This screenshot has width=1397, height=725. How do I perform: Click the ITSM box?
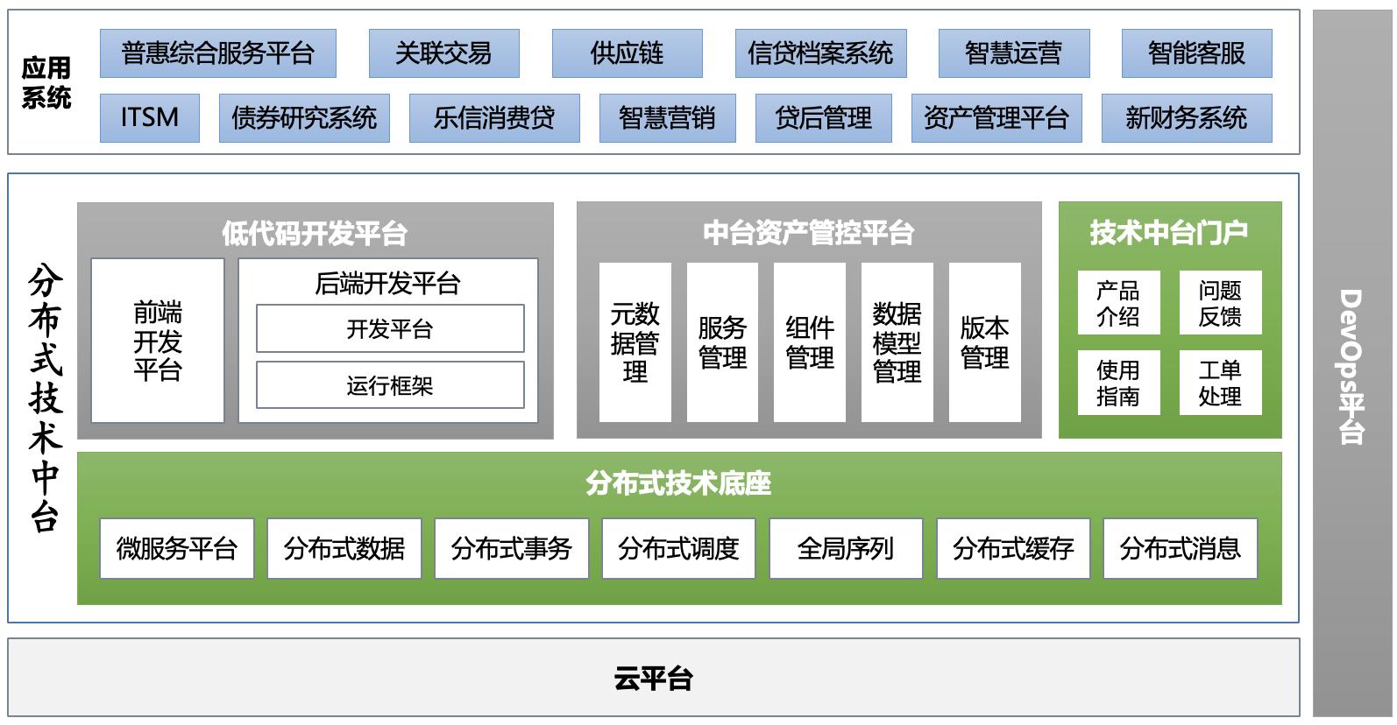[x=150, y=118]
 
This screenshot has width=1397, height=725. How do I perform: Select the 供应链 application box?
[x=627, y=53]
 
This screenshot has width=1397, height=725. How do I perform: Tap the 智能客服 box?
[x=1196, y=53]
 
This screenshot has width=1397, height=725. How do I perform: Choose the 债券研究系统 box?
[x=304, y=118]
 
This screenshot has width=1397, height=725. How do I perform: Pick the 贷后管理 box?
[x=823, y=118]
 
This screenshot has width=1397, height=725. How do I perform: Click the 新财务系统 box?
[x=1186, y=118]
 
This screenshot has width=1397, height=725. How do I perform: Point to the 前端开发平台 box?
[x=158, y=341]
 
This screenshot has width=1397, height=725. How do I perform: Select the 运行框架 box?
[x=390, y=385]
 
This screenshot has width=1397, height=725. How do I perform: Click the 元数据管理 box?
[x=635, y=342]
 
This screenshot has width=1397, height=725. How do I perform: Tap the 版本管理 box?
[x=984, y=342]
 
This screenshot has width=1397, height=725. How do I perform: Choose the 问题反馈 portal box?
[x=1219, y=303]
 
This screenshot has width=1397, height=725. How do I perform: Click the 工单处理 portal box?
[x=1219, y=383]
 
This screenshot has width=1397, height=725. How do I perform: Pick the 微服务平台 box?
[x=177, y=549]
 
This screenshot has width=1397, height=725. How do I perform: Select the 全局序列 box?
[x=846, y=549]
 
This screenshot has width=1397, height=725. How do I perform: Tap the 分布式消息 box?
[x=1180, y=549]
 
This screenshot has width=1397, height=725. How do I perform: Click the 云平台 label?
[x=653, y=679]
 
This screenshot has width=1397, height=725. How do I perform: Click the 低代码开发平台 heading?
[x=315, y=233]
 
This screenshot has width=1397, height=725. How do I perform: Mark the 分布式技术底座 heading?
[x=678, y=482]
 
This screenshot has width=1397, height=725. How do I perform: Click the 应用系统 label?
[x=46, y=82]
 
